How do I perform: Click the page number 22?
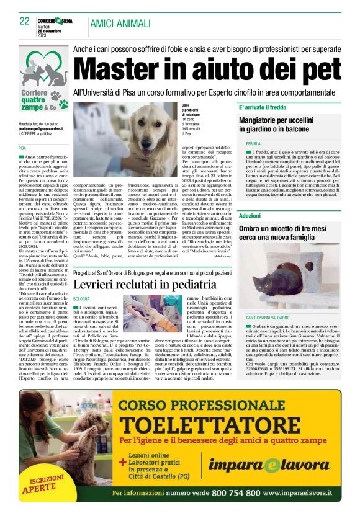coord(25,21)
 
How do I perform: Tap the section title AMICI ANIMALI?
coord(120,24)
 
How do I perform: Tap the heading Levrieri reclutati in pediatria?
coord(145,284)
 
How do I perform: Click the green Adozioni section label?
coord(250,215)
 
